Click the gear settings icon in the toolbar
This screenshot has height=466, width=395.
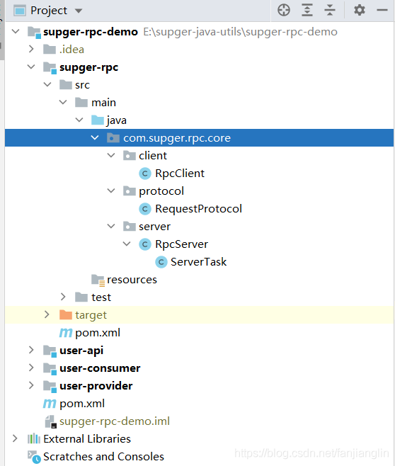pyautogui.click(x=360, y=10)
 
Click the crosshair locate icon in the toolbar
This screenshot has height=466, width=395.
pyautogui.click(x=284, y=10)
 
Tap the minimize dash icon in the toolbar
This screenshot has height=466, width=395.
pyautogui.click(x=382, y=10)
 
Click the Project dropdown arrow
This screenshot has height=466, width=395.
pyautogui.click(x=79, y=11)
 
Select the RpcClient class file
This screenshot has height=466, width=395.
pyautogui.click(x=180, y=174)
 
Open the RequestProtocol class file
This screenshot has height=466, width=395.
pyautogui.click(x=198, y=209)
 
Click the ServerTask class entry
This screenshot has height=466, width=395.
pyautogui.click(x=198, y=262)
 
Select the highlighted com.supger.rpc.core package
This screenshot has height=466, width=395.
pyautogui.click(x=177, y=138)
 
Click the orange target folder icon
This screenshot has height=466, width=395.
pyautogui.click(x=66, y=314)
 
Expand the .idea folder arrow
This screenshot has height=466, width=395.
pyautogui.click(x=31, y=49)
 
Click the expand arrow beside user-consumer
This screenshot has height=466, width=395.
pyautogui.click(x=31, y=368)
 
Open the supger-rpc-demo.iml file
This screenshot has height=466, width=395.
pyautogui.click(x=115, y=421)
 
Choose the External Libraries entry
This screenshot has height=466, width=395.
pyautogui.click(x=87, y=439)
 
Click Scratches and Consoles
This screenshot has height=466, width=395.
pyautogui.click(x=103, y=457)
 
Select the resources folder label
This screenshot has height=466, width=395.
pyautogui.click(x=132, y=280)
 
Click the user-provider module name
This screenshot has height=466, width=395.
pyautogui.click(x=96, y=386)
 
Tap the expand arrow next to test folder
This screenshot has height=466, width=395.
pyautogui.click(x=63, y=297)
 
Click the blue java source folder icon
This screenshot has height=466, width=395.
pyautogui.click(x=98, y=120)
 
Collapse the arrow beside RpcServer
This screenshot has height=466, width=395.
pyautogui.click(x=127, y=244)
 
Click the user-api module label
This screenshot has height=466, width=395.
pyautogui.click(x=81, y=351)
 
